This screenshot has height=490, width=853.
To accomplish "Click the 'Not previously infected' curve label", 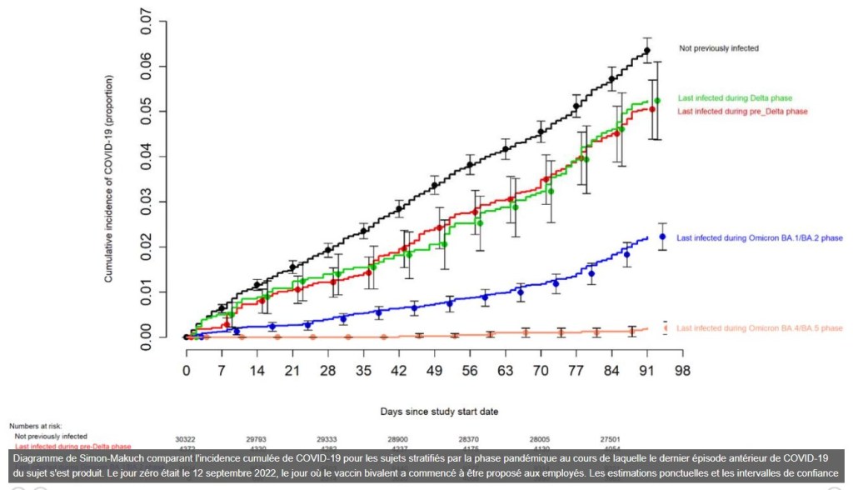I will (718, 49).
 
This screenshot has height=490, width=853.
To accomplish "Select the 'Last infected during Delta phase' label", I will (734, 97).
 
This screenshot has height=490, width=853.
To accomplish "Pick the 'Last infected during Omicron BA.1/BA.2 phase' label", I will (760, 238).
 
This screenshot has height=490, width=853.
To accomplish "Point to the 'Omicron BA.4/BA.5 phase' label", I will (760, 328).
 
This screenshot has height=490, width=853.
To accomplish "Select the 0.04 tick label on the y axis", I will (147, 157).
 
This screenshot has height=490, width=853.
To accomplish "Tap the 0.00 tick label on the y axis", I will (147, 337).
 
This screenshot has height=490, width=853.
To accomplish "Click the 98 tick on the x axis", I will (682, 370).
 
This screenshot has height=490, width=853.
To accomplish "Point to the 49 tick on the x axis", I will (434, 370).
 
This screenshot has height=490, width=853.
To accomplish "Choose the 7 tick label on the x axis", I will (222, 370).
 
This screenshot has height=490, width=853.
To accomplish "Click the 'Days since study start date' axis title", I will (433, 411).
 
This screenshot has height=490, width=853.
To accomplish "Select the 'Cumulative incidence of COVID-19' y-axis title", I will (109, 178).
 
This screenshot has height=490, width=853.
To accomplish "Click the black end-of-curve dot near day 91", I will (646, 51).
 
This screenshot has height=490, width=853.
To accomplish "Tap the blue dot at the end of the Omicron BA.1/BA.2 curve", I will (663, 237).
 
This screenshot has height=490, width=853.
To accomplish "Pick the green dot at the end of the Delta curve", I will (657, 101).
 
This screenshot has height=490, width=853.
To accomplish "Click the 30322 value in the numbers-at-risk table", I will (186, 439).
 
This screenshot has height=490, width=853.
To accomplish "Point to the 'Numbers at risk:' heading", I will (36, 426).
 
